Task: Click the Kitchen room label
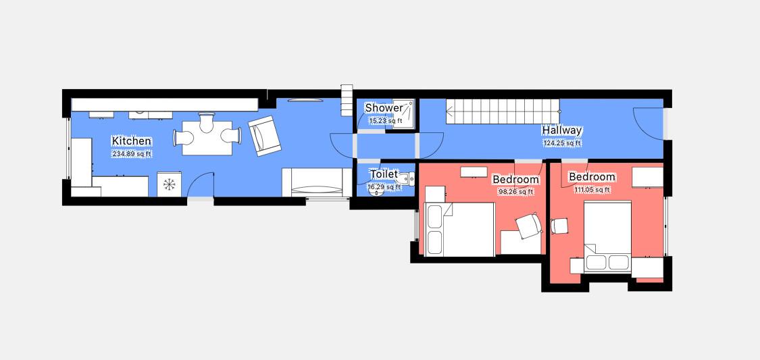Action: coord(131,141)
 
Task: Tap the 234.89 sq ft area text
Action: coord(132,154)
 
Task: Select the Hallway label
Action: coord(562,130)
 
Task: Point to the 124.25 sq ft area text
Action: coord(562,143)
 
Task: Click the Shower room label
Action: coord(384,107)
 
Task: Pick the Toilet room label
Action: coord(384,174)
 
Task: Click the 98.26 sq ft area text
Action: coord(515,192)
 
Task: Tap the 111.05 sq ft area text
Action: coord(592,190)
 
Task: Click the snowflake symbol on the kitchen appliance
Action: coord(169,184)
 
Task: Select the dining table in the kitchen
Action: coord(207,137)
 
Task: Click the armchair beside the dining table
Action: coord(265,136)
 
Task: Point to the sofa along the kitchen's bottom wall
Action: coord(317,182)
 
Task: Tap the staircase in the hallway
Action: coord(503,111)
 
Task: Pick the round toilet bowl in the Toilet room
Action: coord(376,191)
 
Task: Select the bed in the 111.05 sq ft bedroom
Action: coord(607,237)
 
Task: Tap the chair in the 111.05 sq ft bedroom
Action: coord(560,226)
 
